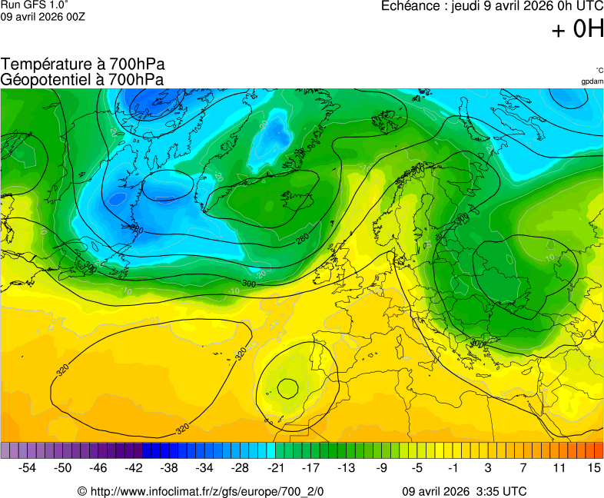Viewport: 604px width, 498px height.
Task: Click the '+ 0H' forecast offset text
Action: tap(578, 30)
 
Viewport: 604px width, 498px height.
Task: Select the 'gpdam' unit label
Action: tap(592, 81)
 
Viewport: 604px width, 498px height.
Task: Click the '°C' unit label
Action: tap(599, 71)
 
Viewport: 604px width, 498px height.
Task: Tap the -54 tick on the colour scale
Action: tap(28, 467)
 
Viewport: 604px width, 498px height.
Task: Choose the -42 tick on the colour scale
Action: tap(134, 467)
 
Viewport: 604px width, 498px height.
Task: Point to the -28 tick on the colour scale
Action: tap(240, 467)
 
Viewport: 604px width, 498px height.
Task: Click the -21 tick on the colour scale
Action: tap(275, 467)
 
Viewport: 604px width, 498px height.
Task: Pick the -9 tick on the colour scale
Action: tap(381, 467)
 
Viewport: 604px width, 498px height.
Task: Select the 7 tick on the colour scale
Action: tap(523, 467)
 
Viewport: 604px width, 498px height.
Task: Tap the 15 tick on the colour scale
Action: tap(593, 467)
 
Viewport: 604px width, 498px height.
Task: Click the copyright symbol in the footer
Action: tap(82, 491)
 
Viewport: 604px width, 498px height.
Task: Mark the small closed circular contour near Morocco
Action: tap(287, 389)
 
